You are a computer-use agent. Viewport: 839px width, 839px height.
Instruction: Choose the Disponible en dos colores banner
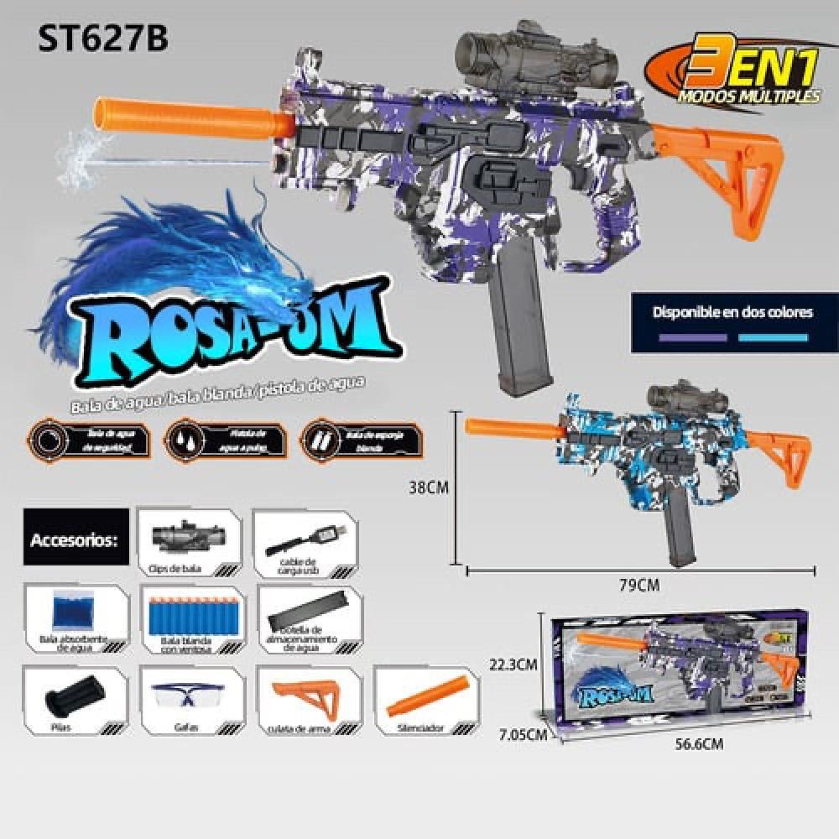click(x=734, y=322)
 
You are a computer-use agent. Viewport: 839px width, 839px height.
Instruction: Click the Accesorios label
click(x=75, y=537)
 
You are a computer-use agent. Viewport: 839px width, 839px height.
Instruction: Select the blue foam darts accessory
click(x=191, y=618)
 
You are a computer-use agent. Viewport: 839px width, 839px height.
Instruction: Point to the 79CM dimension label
click(x=638, y=585)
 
